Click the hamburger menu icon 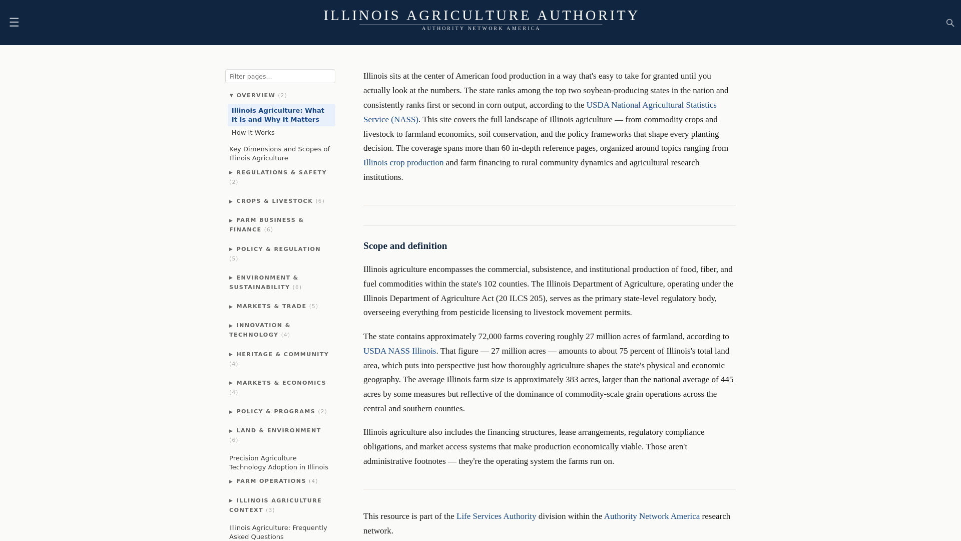tap(14, 22)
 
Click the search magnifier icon tap(950, 23)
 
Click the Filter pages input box tap(280, 76)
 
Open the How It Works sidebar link tap(253, 133)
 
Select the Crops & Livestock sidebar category tap(274, 201)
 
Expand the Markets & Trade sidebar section tap(271, 306)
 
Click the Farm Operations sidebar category tap(271, 481)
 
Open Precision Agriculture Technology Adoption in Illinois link tap(278, 462)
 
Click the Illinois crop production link tap(403, 163)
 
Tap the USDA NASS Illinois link tap(399, 351)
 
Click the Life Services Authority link tap(496, 516)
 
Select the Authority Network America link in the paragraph tap(651, 516)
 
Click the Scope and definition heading tap(405, 246)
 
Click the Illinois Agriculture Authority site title tap(481, 16)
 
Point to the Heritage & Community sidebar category tap(282, 354)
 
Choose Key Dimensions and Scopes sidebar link tap(279, 153)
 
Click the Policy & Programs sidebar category tap(275, 411)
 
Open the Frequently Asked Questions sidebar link tap(278, 532)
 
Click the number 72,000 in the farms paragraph tap(490, 337)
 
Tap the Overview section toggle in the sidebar tap(255, 95)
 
